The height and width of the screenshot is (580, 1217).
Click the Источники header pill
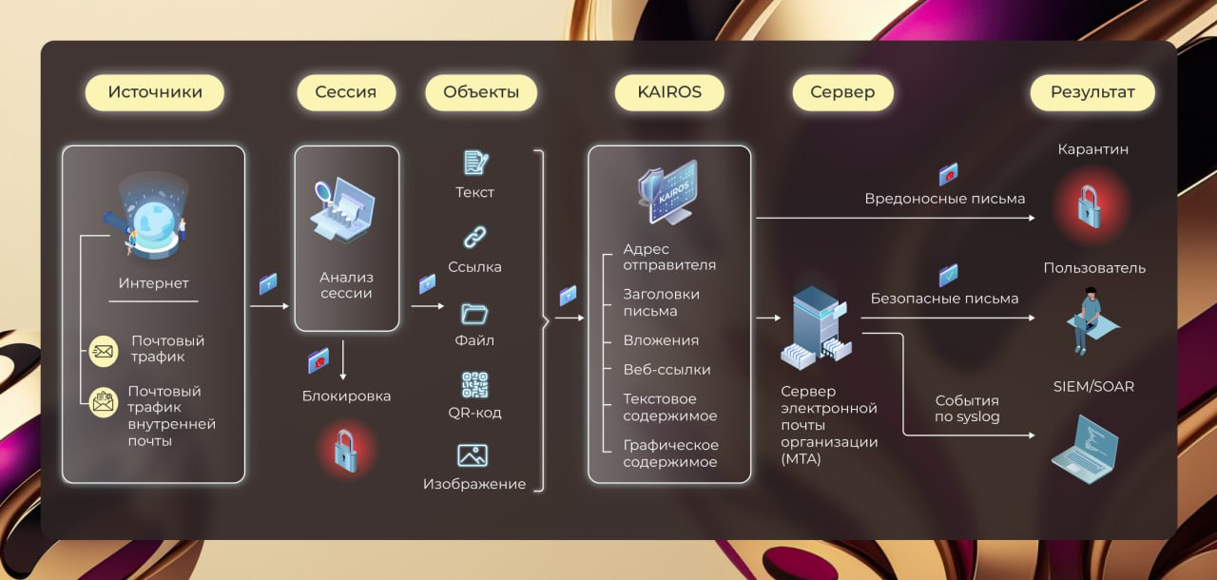click(155, 92)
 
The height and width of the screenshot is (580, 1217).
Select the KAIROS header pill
click(670, 92)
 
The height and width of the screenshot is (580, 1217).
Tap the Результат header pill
click(1092, 92)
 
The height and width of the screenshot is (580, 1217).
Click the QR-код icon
click(474, 384)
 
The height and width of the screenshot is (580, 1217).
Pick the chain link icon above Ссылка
click(474, 237)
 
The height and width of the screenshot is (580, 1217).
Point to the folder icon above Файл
click(474, 312)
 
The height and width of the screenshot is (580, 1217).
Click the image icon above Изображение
click(473, 455)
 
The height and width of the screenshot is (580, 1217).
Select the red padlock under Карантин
click(1090, 205)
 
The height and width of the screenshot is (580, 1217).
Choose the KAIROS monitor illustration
click(668, 190)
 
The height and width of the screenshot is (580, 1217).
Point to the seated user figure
click(1091, 319)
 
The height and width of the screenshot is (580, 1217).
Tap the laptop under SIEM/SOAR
click(1087, 449)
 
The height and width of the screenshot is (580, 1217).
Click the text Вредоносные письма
click(944, 199)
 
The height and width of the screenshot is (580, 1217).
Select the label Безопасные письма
click(944, 299)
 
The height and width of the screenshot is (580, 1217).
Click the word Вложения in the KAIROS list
click(661, 340)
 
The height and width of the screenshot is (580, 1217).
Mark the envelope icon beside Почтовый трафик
click(102, 352)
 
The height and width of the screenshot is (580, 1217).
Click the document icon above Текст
click(475, 163)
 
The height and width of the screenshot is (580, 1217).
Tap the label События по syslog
click(967, 409)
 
